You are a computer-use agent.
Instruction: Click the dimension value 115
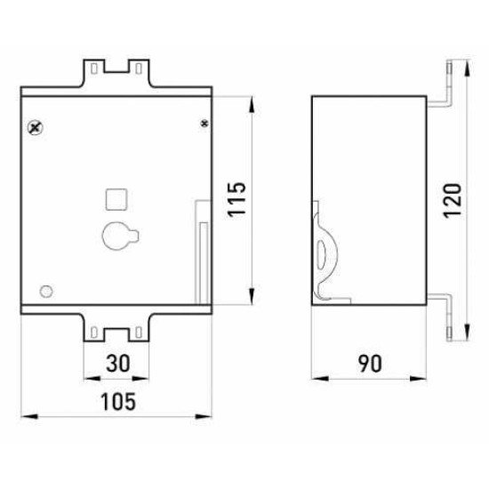tap(236, 199)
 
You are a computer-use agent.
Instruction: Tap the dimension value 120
tap(453, 201)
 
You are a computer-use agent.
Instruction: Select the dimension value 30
tap(118, 364)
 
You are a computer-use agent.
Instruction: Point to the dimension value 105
tap(118, 401)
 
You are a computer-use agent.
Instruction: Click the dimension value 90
tap(370, 364)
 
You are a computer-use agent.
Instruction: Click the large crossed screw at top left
tap(36, 127)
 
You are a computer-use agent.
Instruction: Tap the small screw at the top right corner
tap(204, 124)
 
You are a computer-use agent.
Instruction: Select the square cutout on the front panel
tap(116, 199)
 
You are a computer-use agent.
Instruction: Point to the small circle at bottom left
tap(46, 292)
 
